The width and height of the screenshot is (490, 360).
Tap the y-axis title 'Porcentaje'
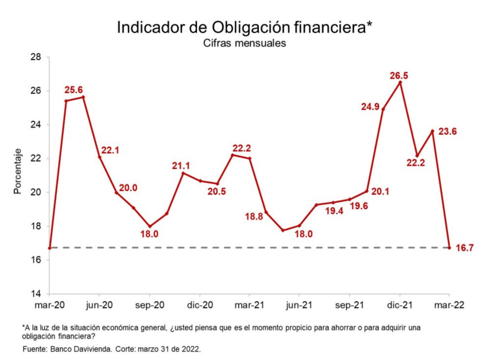[18, 171]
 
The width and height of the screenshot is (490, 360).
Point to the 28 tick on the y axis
[35, 57]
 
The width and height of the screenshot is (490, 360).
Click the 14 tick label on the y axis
[35, 294]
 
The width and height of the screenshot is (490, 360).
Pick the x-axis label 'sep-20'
[149, 305]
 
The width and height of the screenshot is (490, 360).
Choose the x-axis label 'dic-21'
[399, 305]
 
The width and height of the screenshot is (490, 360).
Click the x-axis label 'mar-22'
[449, 305]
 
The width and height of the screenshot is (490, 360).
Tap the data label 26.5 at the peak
[399, 75]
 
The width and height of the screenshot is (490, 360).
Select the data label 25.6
[74, 90]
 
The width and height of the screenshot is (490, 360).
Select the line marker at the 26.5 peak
[400, 82]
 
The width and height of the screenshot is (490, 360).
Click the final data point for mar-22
[449, 248]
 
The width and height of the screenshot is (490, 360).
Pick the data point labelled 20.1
[367, 191]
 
